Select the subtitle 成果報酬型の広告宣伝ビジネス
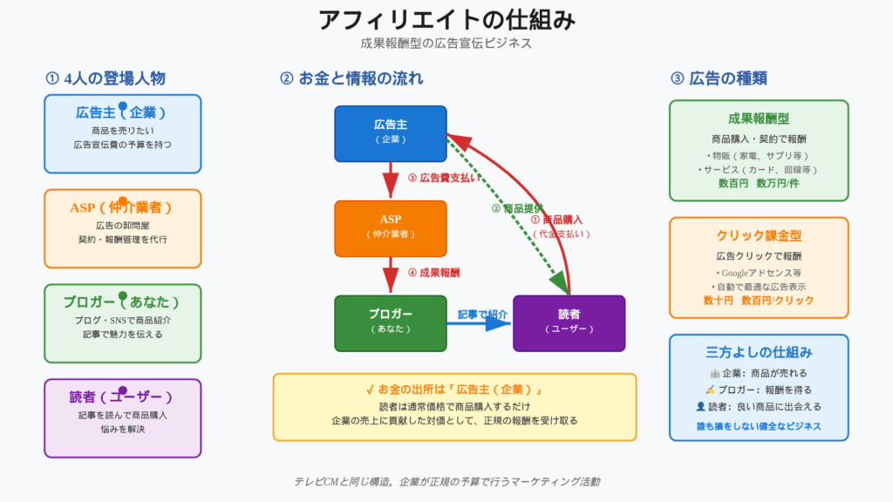coord(446,43)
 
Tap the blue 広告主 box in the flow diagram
coord(391,133)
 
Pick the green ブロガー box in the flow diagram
coord(391,322)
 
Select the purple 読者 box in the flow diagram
coord(569,322)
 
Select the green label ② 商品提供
coord(518,208)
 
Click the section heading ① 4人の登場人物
coord(106,78)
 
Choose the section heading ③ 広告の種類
coord(719,78)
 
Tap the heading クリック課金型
coord(759,236)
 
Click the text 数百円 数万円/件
coord(759,184)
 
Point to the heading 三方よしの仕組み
coord(759,353)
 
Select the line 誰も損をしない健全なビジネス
coord(759,427)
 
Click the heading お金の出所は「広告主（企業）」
coord(454,389)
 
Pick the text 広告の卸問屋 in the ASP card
coord(123,226)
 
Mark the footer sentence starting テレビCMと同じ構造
coord(446,481)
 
